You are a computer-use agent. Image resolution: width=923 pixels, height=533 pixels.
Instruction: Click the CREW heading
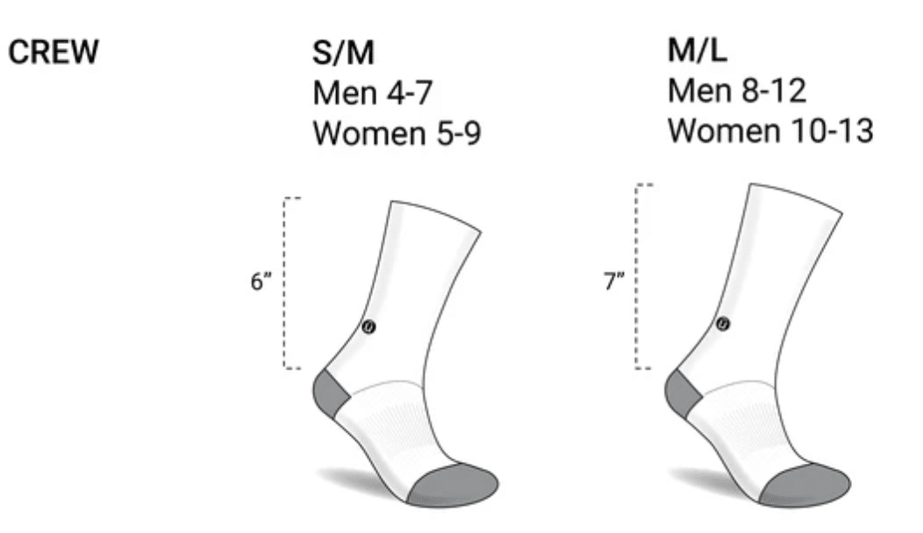pos(53,52)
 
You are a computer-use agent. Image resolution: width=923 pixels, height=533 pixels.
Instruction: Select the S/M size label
pos(343,53)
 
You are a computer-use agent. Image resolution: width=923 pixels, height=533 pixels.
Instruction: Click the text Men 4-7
pos(373,92)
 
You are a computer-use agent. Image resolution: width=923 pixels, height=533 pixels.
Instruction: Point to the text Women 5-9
pos(397,133)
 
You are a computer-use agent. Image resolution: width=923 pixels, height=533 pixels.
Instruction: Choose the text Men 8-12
pos(736,90)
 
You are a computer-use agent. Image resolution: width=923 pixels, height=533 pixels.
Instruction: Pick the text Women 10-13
pos(770,130)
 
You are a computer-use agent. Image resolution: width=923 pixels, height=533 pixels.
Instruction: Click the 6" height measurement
pos(261,281)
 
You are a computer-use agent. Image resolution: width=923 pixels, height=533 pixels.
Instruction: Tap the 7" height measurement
pos(613,281)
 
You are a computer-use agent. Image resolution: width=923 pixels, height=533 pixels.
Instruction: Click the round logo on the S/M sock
pos(368,326)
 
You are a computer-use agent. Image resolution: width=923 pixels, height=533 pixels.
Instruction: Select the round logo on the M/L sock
pos(722,323)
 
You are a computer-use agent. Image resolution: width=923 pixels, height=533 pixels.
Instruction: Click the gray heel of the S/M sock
pos(330,393)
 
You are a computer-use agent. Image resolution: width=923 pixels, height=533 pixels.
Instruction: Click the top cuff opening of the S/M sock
pos(435,216)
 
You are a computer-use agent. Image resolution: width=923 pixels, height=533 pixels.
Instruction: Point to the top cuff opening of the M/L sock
pos(795,197)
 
